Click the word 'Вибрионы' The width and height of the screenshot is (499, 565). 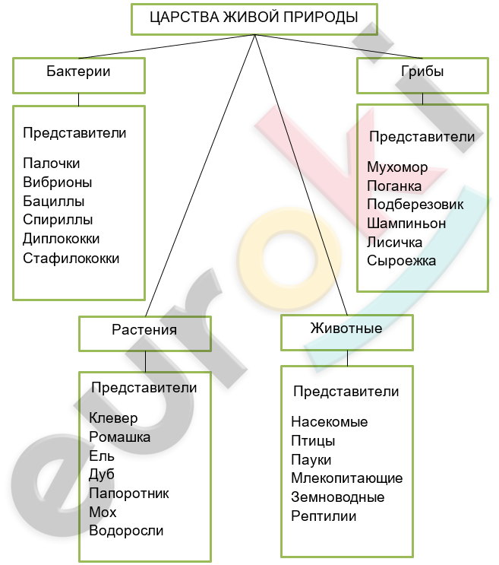click(x=58, y=183)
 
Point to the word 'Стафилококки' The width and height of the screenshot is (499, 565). click(x=71, y=259)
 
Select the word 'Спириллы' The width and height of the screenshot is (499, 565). click(x=58, y=220)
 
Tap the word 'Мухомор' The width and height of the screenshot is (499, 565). click(x=397, y=167)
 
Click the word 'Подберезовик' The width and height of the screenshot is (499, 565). click(x=415, y=205)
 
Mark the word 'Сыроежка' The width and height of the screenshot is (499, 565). click(x=401, y=261)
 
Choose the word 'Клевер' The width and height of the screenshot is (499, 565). click(x=113, y=418)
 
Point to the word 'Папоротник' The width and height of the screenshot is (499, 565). click(x=129, y=494)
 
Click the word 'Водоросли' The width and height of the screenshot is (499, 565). click(x=126, y=531)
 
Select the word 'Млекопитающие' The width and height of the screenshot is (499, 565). click(x=347, y=478)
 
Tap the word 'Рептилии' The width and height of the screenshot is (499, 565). click(x=324, y=516)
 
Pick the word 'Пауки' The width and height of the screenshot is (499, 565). click(x=311, y=460)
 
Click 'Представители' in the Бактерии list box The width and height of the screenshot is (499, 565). click(x=74, y=133)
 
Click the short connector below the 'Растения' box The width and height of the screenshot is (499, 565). click(x=145, y=361)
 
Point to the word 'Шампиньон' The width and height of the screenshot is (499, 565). click(x=406, y=224)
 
